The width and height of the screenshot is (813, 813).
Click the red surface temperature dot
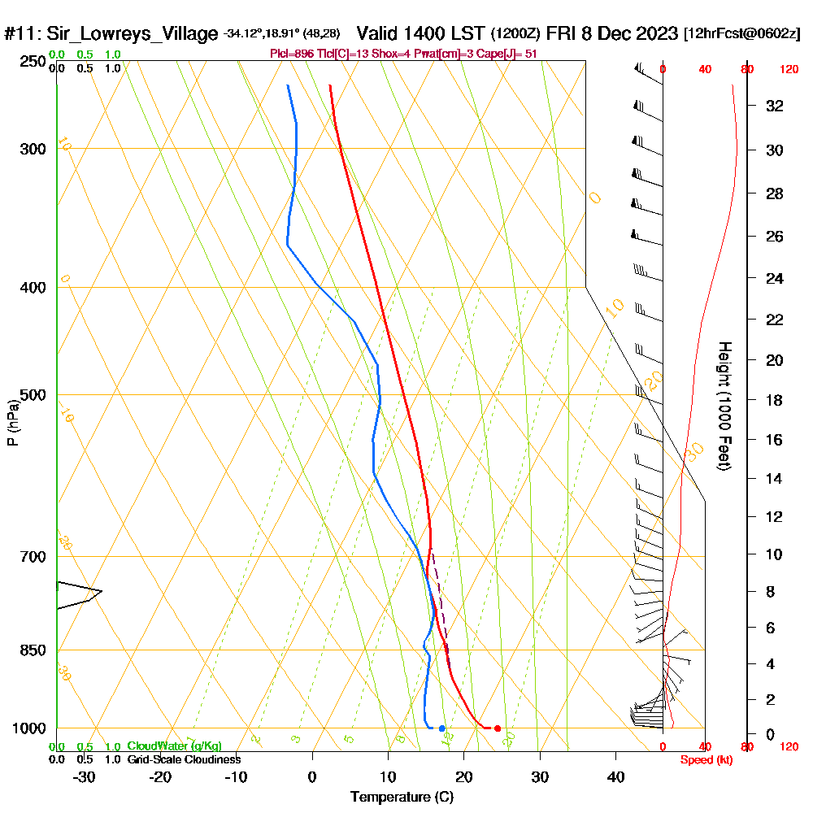click(x=498, y=728)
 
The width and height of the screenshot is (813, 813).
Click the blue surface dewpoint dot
click(x=442, y=728)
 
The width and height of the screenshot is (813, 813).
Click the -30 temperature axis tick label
click(x=84, y=776)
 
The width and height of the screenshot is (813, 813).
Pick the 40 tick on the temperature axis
click(x=616, y=776)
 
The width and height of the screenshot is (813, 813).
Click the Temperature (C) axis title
click(x=402, y=798)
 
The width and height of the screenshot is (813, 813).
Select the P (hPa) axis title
click(x=12, y=423)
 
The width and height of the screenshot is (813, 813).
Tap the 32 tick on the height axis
click(x=775, y=106)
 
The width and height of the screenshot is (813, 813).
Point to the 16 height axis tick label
click(x=775, y=440)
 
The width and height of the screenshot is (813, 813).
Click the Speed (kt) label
click(x=704, y=759)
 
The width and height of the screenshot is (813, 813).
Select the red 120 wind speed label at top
click(x=788, y=70)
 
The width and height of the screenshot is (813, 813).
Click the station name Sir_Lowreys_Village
click(x=133, y=34)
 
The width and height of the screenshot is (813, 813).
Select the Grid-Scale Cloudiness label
click(x=184, y=759)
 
